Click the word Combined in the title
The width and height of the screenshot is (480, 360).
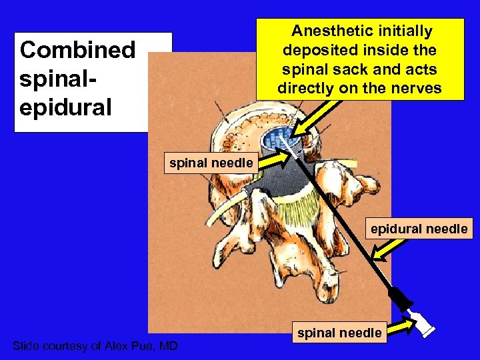[77, 51]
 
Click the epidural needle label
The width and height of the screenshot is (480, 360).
[419, 229]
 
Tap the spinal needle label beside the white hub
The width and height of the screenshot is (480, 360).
[339, 332]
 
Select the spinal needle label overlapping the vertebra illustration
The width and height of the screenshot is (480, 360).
[211, 162]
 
